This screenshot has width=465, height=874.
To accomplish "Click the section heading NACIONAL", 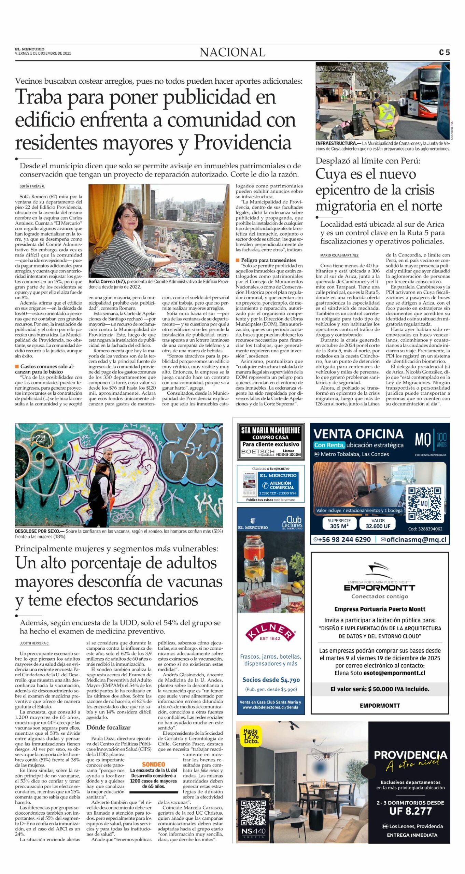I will pyautogui.click(x=232, y=52).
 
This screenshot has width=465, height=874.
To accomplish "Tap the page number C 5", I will pyautogui.click(x=444, y=53).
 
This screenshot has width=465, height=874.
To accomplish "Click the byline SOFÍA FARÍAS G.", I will pyautogui.click(x=32, y=186).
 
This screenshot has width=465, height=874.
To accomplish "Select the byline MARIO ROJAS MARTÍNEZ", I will pyautogui.click(x=339, y=255).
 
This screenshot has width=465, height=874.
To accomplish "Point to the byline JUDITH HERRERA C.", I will pyautogui.click(x=34, y=643).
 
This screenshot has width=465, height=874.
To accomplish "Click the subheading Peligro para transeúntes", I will pyautogui.click(x=268, y=260).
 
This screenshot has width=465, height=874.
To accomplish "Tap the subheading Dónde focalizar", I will pyautogui.click(x=108, y=727).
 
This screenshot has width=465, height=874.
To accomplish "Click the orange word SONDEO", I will pyautogui.click(x=153, y=764).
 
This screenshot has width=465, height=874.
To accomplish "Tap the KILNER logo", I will pyautogui.click(x=270, y=633).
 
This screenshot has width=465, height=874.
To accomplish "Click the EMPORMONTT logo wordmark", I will pyautogui.click(x=380, y=588).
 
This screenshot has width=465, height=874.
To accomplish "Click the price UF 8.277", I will pyautogui.click(x=410, y=811).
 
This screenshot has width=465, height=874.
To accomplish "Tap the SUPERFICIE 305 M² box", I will pyautogui.click(x=339, y=523).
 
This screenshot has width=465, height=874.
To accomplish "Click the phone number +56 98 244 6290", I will pyautogui.click(x=342, y=539).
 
